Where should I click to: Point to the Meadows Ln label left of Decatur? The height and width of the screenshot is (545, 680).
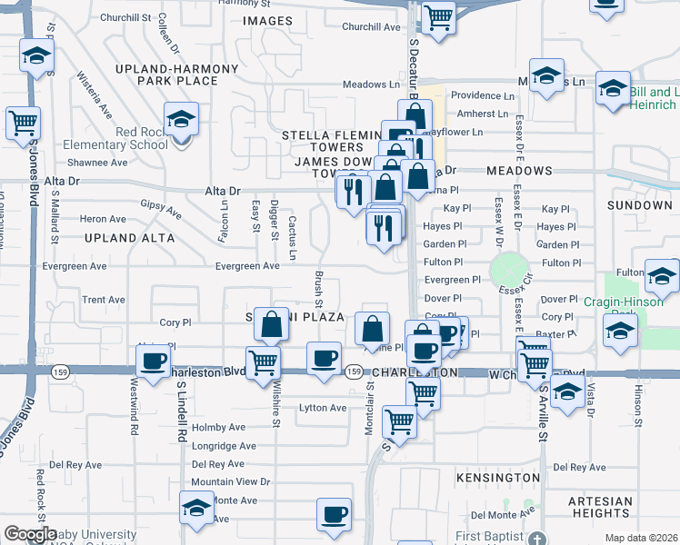[371, 84]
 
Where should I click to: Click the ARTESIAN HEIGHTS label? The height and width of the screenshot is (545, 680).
[599, 507]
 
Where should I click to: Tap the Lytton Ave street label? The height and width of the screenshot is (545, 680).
[323, 408]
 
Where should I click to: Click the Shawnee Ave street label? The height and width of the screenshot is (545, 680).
[102, 163]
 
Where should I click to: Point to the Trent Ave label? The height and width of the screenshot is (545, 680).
[104, 300]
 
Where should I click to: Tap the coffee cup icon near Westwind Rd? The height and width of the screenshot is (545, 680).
[153, 360]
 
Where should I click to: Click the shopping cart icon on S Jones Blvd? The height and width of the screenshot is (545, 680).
[23, 123]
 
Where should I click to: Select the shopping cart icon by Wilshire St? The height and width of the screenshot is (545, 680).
[263, 362]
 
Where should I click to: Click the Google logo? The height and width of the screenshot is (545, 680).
[30, 534]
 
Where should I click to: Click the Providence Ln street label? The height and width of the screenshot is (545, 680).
[483, 95]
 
